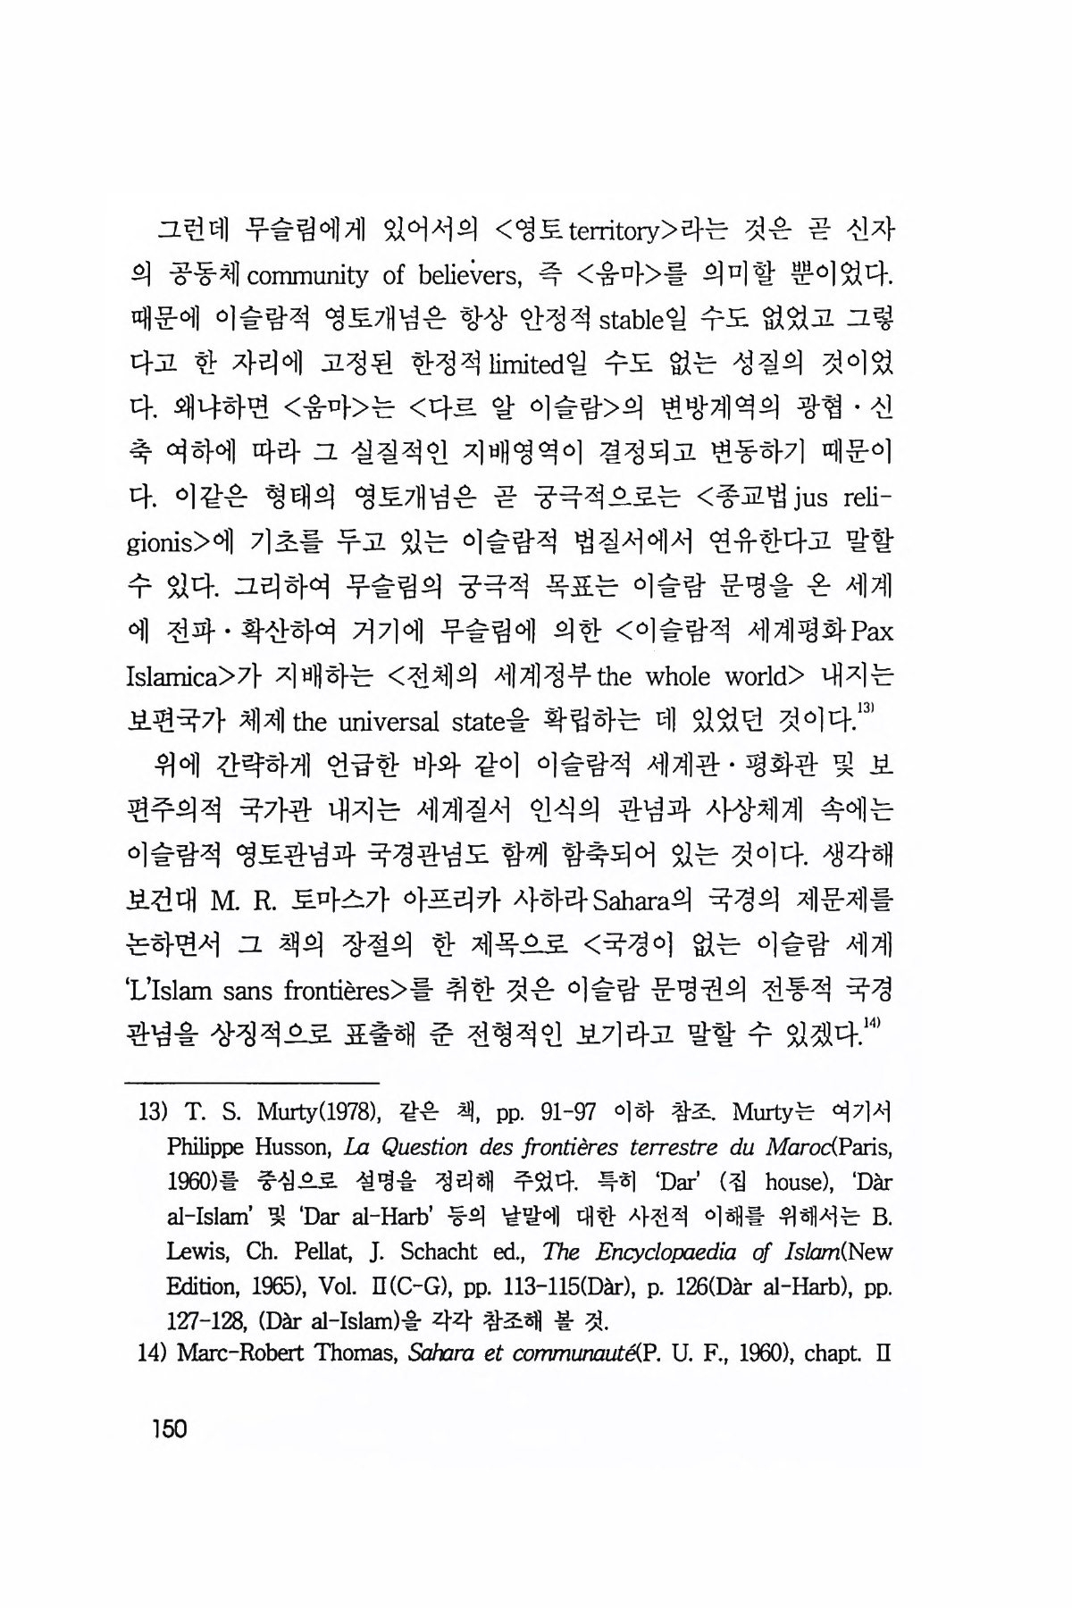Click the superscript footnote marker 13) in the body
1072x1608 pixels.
coord(866,708)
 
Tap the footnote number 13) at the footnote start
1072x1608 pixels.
coord(154,1113)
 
